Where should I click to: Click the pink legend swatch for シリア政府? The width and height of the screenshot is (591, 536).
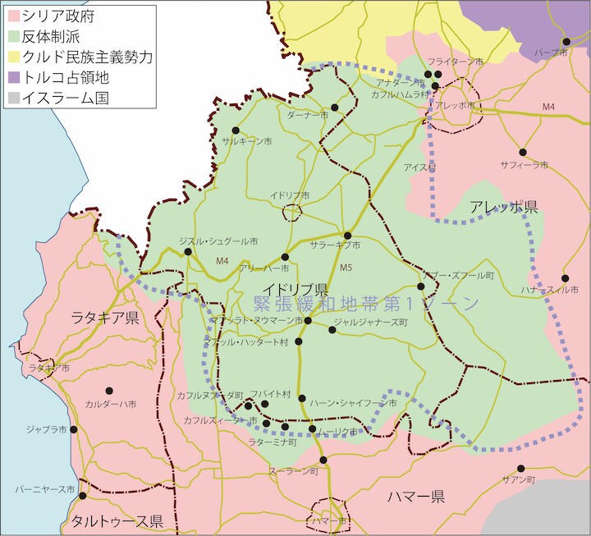(x=16, y=16)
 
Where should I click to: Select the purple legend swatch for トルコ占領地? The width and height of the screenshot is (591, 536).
(x=16, y=78)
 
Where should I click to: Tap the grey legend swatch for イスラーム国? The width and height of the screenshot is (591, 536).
(x=16, y=98)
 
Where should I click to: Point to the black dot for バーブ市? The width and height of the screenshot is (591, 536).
(x=566, y=42)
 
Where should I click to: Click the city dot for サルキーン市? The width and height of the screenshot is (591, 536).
(x=236, y=131)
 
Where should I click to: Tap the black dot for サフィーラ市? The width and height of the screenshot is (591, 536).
(x=522, y=153)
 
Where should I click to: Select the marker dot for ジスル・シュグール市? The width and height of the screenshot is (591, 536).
(x=189, y=252)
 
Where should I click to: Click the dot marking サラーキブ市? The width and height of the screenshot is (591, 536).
(x=347, y=236)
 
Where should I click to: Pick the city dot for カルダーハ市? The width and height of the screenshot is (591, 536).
(x=108, y=391)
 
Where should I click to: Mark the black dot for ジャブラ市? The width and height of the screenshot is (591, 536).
(x=74, y=429)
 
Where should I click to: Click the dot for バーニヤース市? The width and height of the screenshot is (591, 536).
(x=83, y=496)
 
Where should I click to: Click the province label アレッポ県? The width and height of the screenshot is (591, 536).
(x=503, y=208)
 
